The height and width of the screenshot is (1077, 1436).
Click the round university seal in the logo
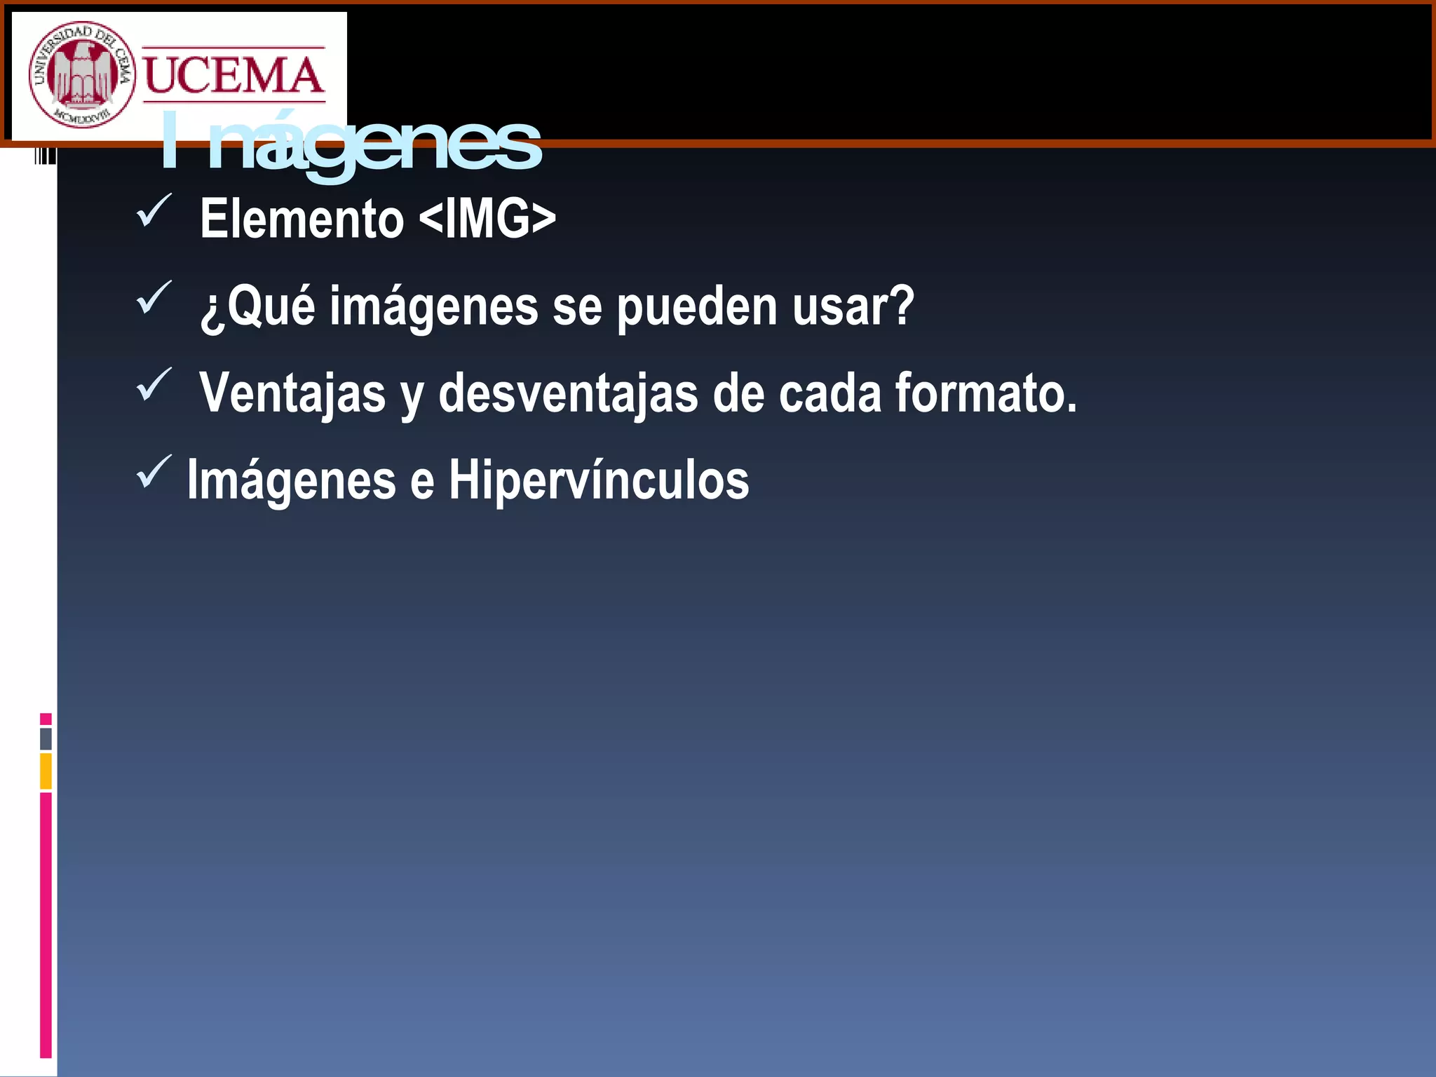tap(81, 74)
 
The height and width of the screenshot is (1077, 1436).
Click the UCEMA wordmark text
tap(234, 75)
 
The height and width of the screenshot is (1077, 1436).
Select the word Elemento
tap(302, 219)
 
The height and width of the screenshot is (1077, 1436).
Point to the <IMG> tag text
tap(487, 219)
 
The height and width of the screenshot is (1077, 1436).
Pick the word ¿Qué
tap(257, 306)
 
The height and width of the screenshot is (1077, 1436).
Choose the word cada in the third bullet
tap(829, 393)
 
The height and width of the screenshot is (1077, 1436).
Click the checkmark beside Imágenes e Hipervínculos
tap(154, 471)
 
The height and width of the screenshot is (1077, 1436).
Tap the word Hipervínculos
tap(599, 480)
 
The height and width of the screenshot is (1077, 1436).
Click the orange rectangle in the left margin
tap(46, 771)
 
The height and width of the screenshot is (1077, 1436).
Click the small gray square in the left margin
tap(46, 738)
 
